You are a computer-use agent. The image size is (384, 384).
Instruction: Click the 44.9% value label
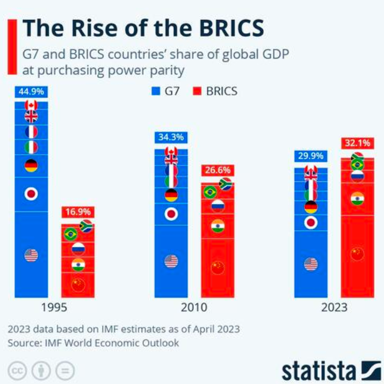(x=31, y=92)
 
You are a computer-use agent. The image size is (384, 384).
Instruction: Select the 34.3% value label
(x=171, y=138)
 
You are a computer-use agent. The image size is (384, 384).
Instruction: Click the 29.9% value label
(x=310, y=156)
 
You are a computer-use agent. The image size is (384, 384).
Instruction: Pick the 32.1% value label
(x=357, y=143)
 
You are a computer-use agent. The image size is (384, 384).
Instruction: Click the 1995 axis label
(x=54, y=307)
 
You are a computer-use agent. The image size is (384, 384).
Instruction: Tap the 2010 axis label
(x=194, y=307)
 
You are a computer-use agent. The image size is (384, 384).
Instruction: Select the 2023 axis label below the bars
(x=334, y=307)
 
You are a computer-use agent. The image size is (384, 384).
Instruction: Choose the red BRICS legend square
(x=196, y=92)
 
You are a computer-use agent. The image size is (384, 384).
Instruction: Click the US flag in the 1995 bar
(x=31, y=255)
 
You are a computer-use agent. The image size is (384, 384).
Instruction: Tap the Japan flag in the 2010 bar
(x=171, y=214)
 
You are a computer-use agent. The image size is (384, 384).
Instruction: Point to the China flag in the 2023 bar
(x=357, y=254)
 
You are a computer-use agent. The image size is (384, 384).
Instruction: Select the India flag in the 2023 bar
(x=357, y=198)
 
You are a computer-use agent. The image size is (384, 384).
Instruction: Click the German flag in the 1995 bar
(x=31, y=165)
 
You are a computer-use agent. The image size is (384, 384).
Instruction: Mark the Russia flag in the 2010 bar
(x=217, y=206)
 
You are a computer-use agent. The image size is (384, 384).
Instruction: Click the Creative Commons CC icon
(x=18, y=370)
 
